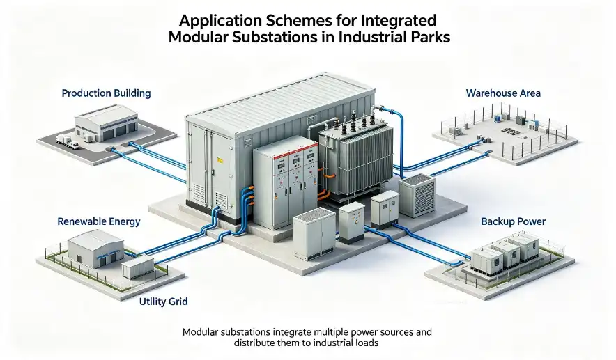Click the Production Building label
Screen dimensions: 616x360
(x=106, y=93)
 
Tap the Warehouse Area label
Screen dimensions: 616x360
(x=503, y=93)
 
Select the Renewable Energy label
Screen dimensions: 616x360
(x=99, y=221)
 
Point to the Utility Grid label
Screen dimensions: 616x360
(x=164, y=302)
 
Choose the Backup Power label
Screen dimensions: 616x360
(x=513, y=221)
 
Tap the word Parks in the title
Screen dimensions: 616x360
(x=431, y=37)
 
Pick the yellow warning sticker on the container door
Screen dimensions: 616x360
(x=220, y=159)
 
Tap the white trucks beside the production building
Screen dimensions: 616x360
(x=67, y=141)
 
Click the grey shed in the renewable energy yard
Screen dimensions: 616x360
(x=95, y=249)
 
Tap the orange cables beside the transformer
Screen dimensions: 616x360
(x=322, y=185)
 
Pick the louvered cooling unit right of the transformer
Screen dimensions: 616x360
(x=417, y=195)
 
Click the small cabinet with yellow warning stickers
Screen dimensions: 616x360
(x=352, y=223)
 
